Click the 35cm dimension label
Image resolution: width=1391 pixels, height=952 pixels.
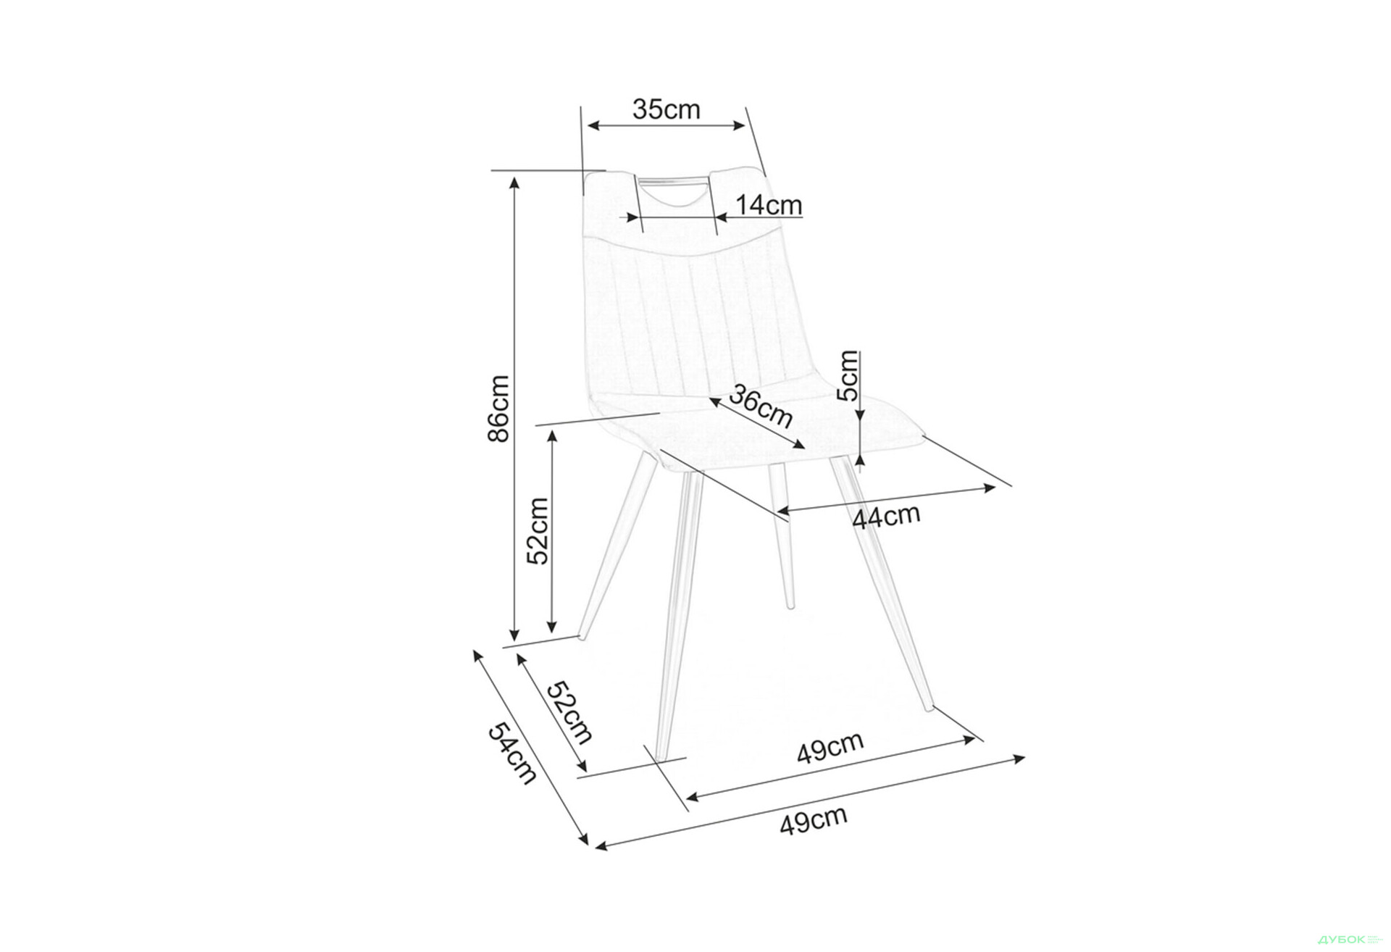[667, 109]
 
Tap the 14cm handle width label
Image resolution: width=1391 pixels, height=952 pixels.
[769, 206]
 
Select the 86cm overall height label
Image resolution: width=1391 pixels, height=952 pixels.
[499, 408]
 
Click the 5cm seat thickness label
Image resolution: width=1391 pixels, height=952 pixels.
[847, 375]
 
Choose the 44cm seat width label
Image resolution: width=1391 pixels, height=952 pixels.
[887, 517]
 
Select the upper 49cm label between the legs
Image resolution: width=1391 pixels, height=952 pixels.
[830, 748]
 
